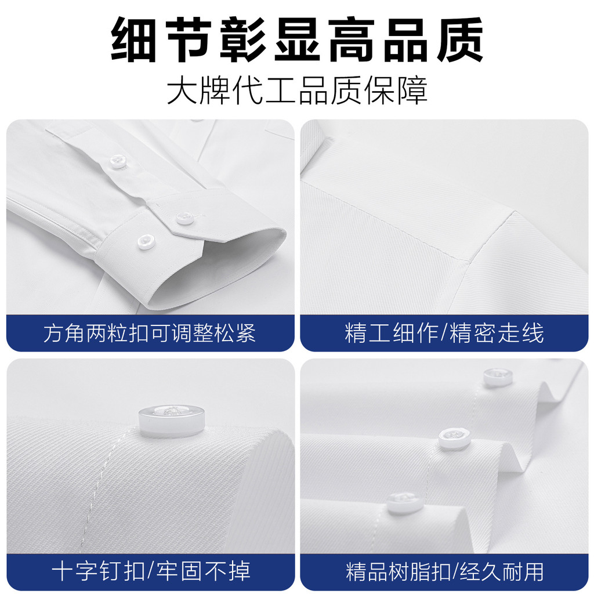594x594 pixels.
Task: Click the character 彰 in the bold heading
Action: [x=242, y=40]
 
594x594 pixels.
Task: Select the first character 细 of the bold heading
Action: [x=134, y=40]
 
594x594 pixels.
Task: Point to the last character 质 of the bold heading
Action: [x=460, y=40]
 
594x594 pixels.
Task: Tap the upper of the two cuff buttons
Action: [x=185, y=218]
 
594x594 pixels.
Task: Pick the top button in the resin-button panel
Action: [x=498, y=376]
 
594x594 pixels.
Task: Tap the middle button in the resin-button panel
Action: [x=454, y=439]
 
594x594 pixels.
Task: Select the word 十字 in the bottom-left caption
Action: [x=75, y=571]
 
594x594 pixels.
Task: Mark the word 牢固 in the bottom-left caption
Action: [x=180, y=571]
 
